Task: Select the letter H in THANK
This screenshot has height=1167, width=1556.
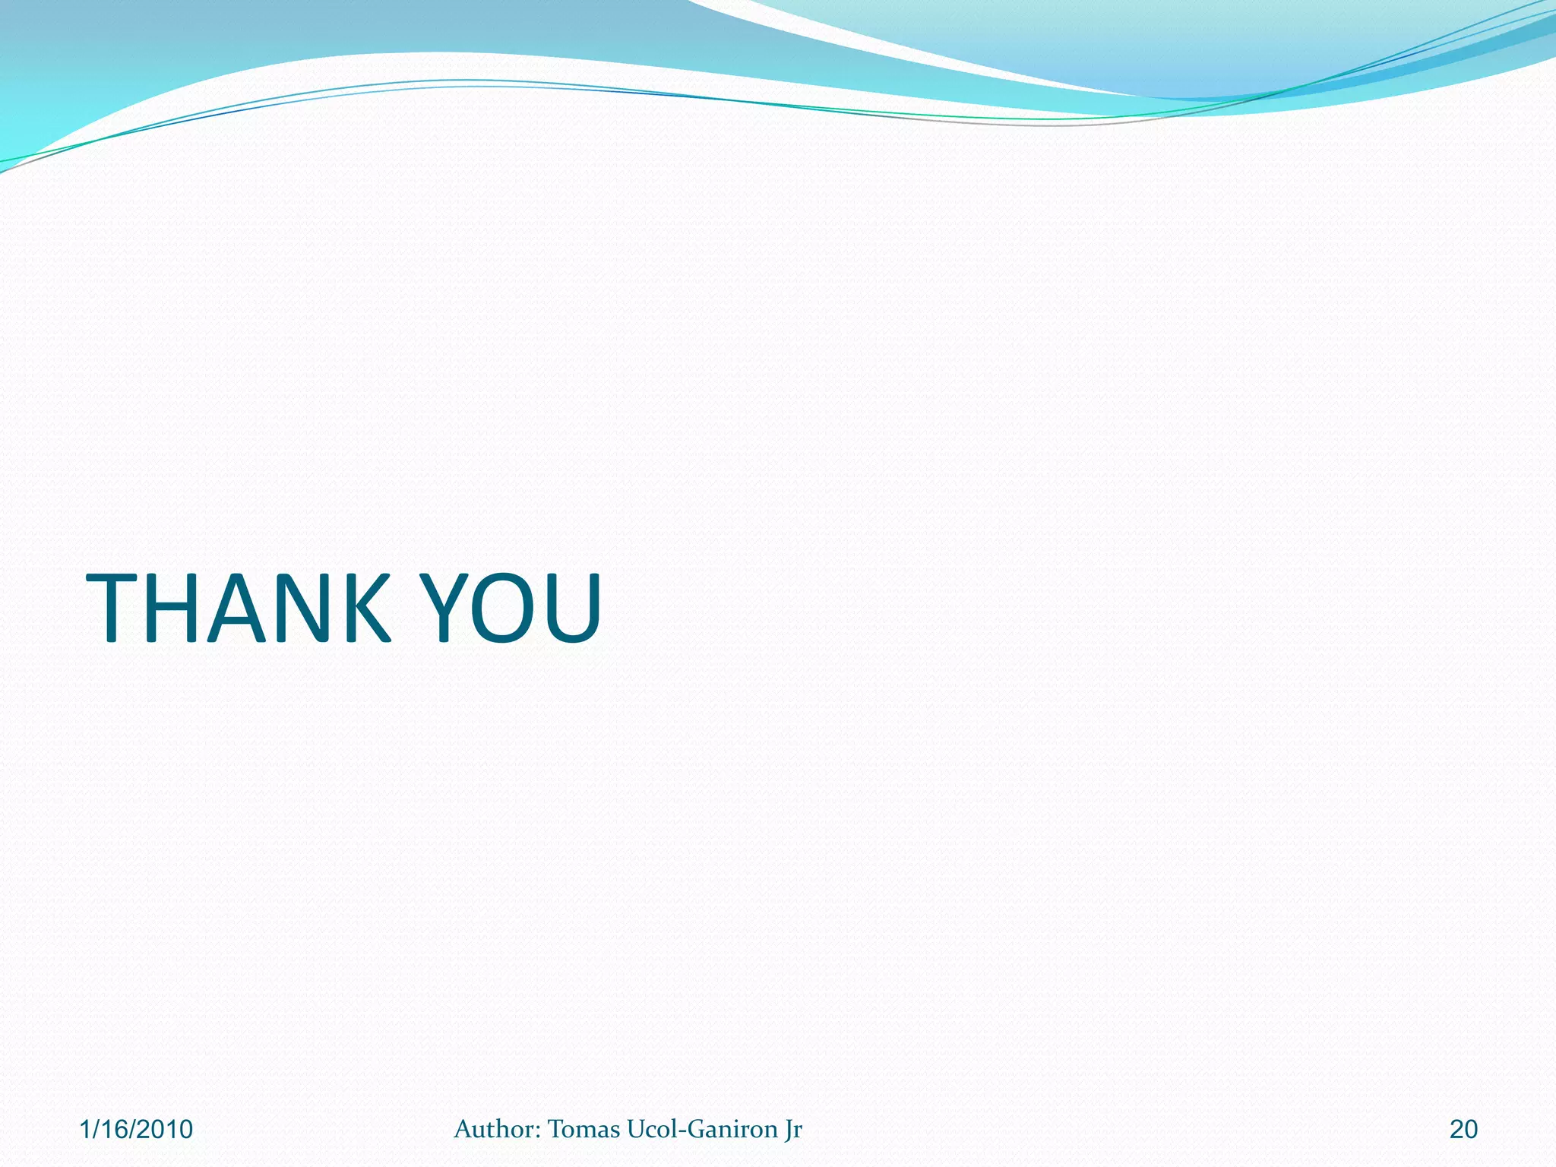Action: [180, 608]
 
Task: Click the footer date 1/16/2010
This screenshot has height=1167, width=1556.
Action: [136, 1130]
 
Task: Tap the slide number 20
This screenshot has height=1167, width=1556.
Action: [1463, 1130]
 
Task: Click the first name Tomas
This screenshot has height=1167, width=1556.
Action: [583, 1129]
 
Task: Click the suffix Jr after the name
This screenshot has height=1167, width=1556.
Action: [793, 1131]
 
